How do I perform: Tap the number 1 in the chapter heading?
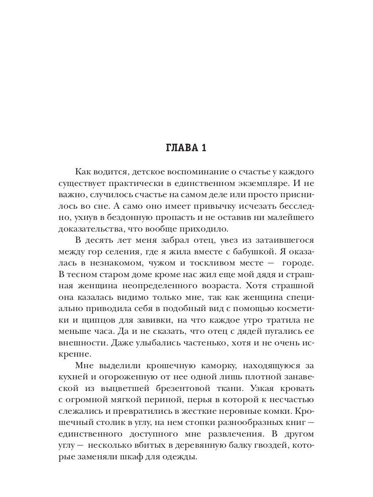(203, 148)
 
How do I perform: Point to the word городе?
(299, 263)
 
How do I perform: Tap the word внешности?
(82, 343)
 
